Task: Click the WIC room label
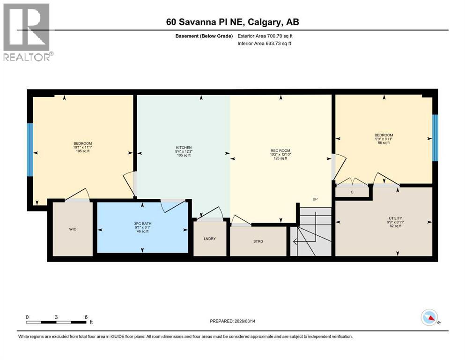click(x=72, y=229)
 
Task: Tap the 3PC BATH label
click(x=142, y=223)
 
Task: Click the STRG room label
click(x=258, y=241)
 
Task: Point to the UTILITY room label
click(x=395, y=218)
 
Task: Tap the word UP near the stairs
click(x=316, y=199)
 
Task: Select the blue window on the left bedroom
click(x=30, y=150)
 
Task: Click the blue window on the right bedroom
click(x=435, y=138)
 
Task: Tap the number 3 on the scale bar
click(x=56, y=317)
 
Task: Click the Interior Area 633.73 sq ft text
click(x=266, y=44)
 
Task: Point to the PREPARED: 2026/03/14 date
click(x=236, y=321)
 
